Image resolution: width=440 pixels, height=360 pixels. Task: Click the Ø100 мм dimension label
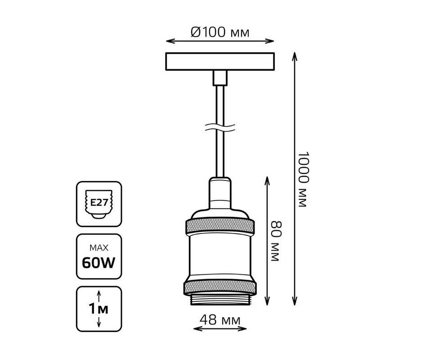220,32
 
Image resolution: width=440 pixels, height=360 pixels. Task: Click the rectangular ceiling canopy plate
220,62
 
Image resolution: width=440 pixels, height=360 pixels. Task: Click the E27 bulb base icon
99,203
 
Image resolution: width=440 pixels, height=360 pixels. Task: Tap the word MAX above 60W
99,247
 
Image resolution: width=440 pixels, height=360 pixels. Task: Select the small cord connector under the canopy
220,78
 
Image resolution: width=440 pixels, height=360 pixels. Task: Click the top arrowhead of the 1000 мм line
295,55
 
